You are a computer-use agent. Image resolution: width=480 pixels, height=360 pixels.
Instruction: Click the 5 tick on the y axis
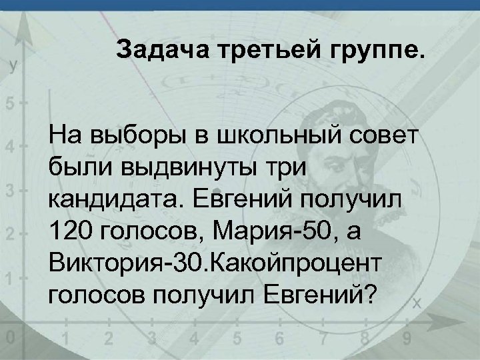9,105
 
